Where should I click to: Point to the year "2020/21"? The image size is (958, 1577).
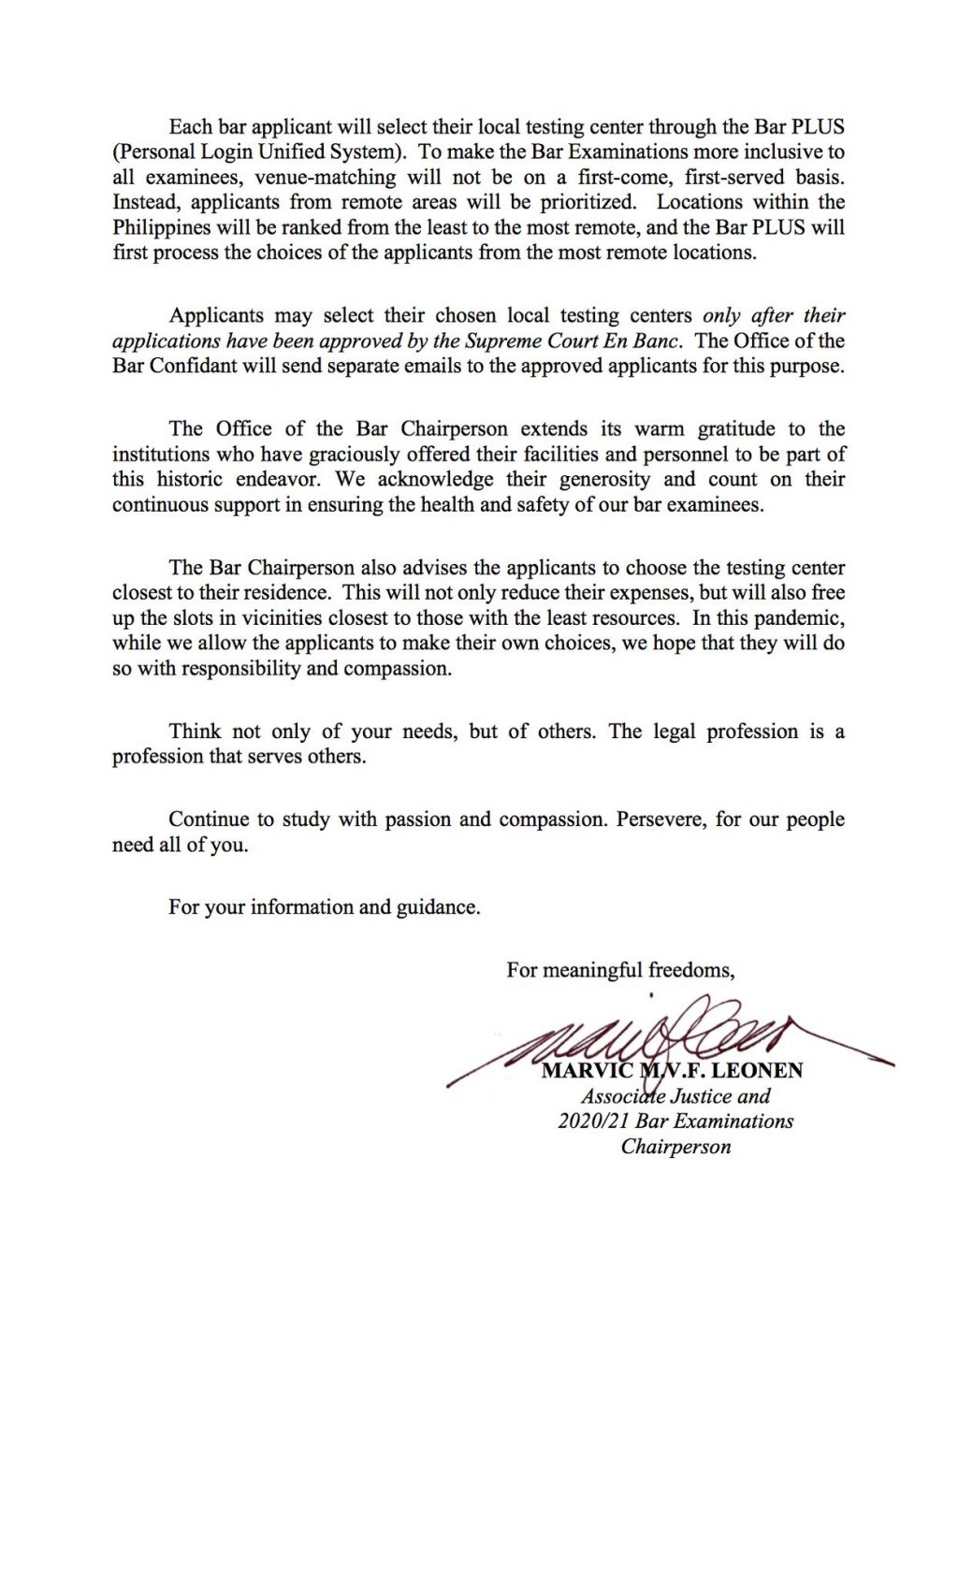pyautogui.click(x=593, y=1121)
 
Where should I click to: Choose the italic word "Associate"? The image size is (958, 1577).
pyautogui.click(x=622, y=1096)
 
